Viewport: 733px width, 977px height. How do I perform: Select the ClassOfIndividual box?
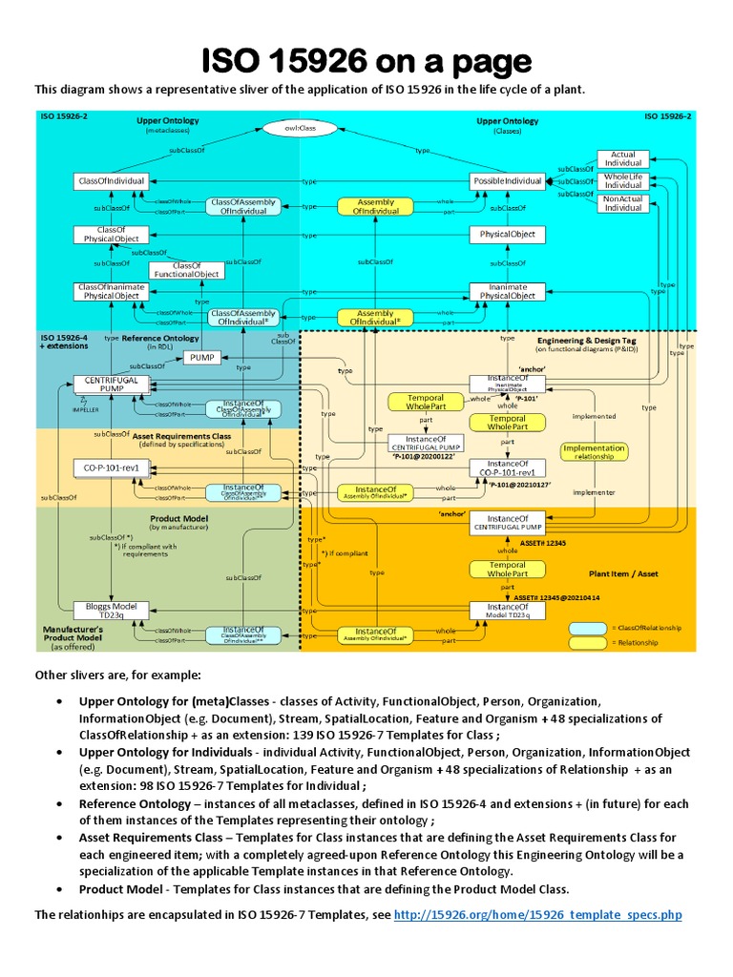point(112,180)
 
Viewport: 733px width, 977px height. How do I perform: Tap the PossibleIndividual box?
point(507,180)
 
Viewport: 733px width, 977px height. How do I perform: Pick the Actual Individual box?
point(623,158)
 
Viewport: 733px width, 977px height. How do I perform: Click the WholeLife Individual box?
point(623,180)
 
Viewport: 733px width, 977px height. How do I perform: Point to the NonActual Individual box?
point(623,202)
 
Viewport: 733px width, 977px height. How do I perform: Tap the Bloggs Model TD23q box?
point(112,610)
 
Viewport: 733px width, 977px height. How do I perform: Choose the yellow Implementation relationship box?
point(594,451)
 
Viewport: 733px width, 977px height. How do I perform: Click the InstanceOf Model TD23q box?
point(507,610)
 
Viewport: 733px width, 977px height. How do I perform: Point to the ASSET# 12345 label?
point(542,542)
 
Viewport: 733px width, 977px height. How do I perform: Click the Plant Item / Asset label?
point(623,574)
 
